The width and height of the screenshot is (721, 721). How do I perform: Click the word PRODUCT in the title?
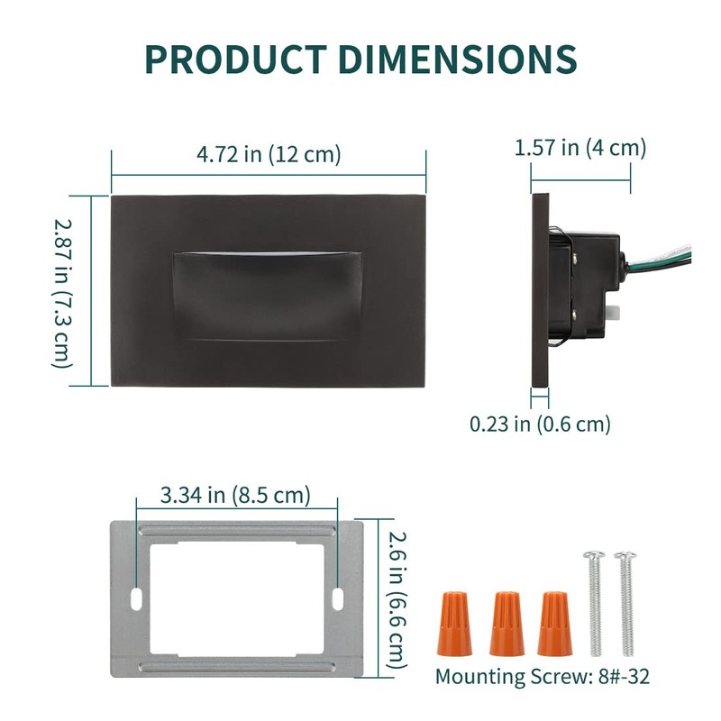[x=236, y=59]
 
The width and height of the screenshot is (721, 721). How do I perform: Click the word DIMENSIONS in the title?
[x=457, y=59]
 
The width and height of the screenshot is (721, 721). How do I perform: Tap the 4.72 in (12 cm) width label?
[x=269, y=154]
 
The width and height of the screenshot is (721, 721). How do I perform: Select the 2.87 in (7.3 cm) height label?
[x=62, y=294]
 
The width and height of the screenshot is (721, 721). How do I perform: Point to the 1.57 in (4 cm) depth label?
[x=580, y=148]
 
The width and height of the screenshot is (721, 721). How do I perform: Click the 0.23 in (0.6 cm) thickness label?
[x=540, y=424]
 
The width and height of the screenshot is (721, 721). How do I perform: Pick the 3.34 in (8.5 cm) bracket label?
[x=235, y=495]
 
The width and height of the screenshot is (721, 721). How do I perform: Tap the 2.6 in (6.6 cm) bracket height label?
[x=397, y=600]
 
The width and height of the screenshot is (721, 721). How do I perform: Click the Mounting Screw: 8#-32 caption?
[x=543, y=677]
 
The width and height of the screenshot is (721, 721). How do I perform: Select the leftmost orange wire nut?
[x=455, y=624]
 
